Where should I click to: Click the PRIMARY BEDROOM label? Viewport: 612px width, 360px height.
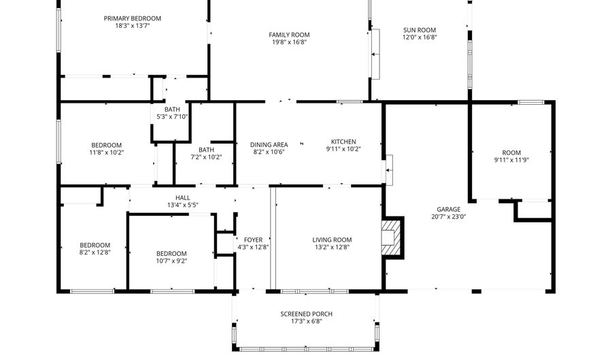[132, 18]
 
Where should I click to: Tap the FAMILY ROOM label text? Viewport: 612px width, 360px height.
[289, 35]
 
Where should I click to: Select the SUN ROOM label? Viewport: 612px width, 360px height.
[419, 30]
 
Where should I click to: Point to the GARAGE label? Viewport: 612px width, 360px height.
[448, 210]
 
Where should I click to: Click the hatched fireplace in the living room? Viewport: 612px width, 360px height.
[392, 237]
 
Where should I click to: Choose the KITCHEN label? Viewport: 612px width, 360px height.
[343, 142]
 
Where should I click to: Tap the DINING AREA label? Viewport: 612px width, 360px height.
[269, 144]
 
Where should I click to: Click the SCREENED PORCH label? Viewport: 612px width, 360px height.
[306, 314]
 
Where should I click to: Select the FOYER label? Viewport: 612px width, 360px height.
[253, 240]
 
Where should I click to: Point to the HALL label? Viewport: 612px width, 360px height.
[182, 197]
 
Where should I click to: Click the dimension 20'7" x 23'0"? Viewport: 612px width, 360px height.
[448, 217]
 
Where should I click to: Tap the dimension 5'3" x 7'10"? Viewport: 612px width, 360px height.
[172, 116]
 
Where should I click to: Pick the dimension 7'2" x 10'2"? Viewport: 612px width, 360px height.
[206, 157]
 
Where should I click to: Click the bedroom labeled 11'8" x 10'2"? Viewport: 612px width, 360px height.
[107, 145]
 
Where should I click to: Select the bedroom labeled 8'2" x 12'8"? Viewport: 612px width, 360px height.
[95, 246]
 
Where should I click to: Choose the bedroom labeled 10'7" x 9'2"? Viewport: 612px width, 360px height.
[171, 254]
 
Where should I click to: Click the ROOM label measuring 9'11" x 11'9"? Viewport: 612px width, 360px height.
[511, 153]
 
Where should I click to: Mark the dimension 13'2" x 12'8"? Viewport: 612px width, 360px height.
[332, 247]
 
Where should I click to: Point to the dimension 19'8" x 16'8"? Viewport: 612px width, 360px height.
[289, 42]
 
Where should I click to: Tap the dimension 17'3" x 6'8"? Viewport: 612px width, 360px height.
[306, 321]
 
